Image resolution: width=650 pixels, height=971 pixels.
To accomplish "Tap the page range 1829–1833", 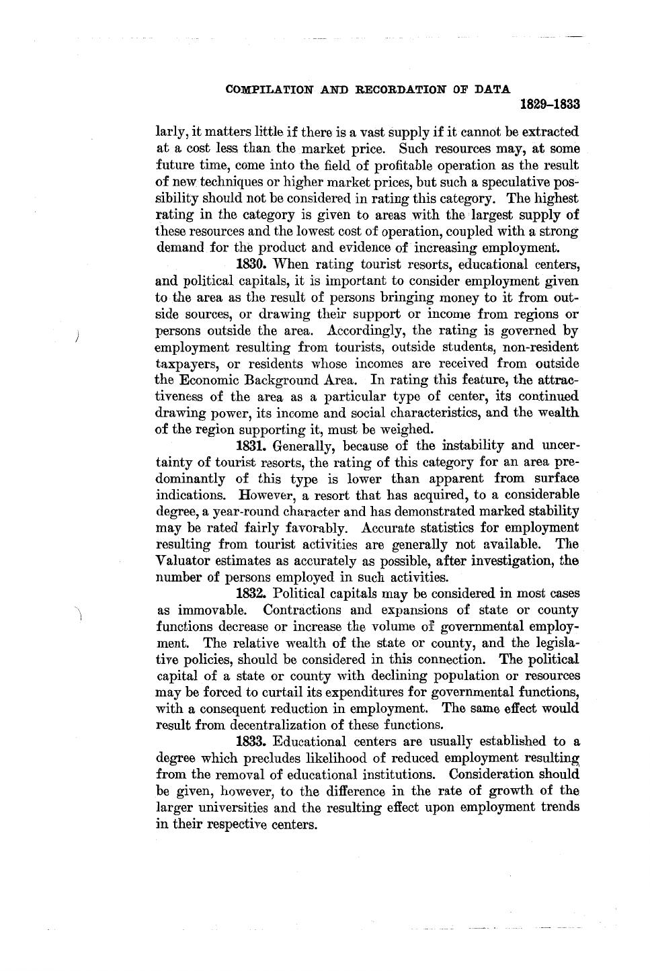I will [x=550, y=105].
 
